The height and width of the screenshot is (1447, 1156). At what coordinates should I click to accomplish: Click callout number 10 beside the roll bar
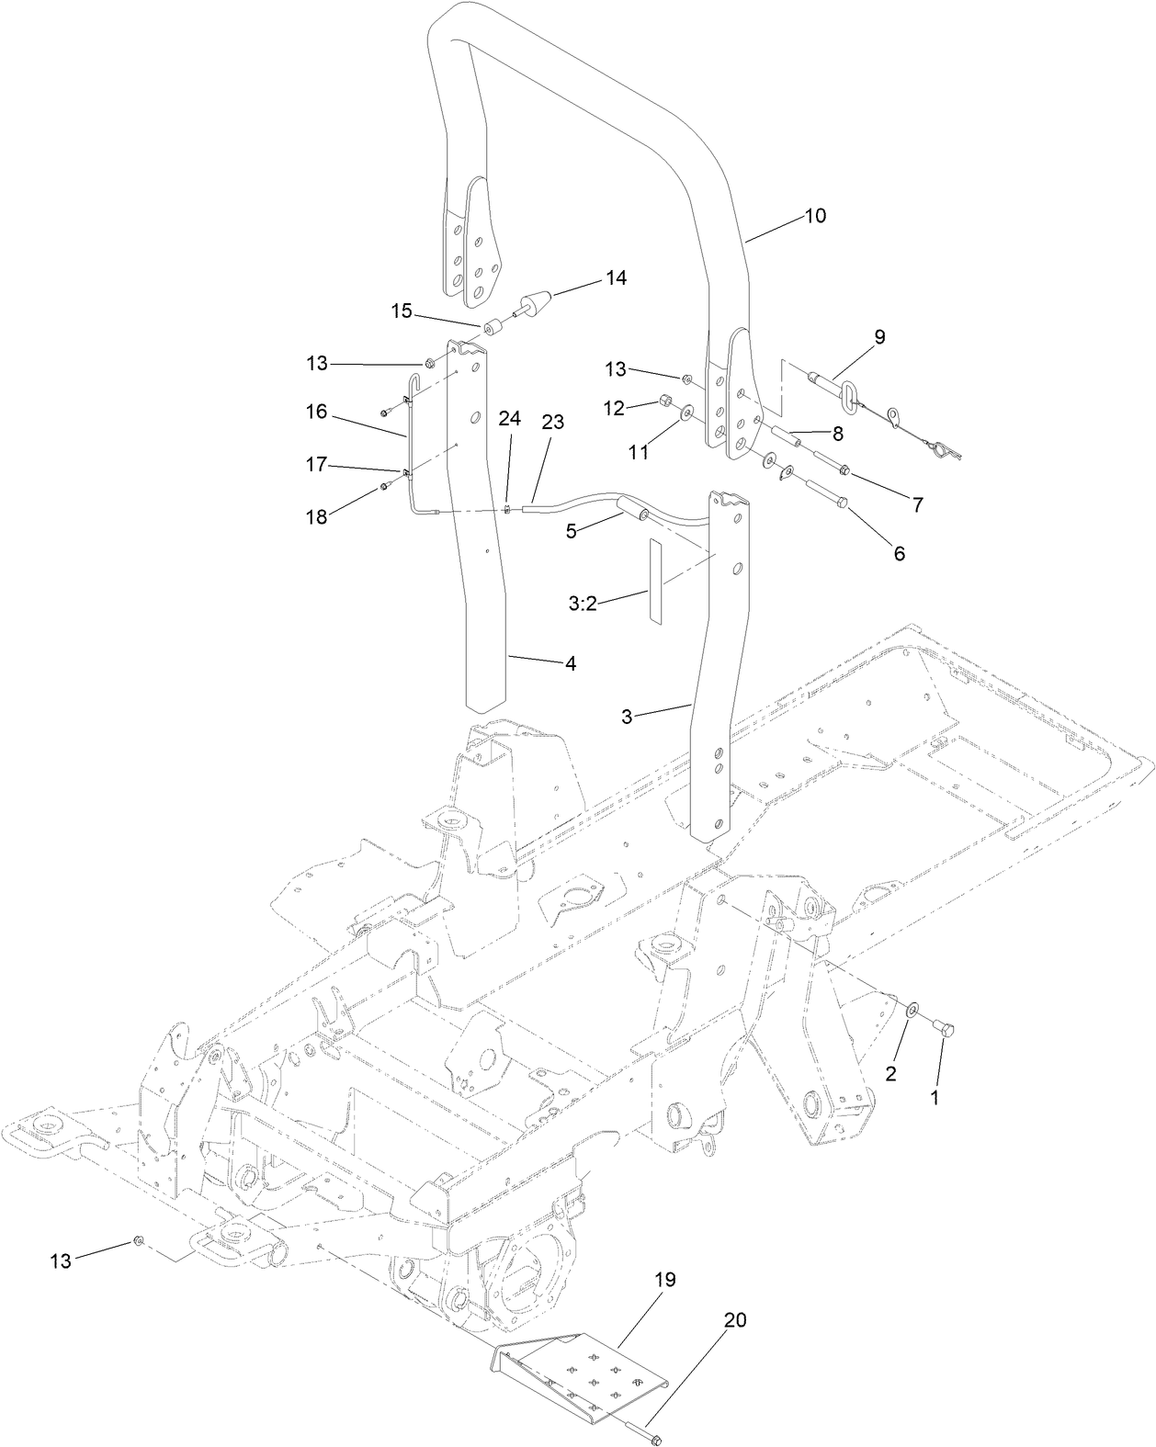(x=815, y=216)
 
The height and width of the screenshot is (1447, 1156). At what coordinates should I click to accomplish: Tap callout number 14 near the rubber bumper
(x=616, y=277)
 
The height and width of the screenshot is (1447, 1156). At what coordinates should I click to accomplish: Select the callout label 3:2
(x=584, y=603)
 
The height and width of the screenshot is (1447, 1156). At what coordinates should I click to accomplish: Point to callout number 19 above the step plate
(x=665, y=1280)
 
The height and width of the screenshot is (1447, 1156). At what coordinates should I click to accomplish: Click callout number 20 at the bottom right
(x=735, y=1320)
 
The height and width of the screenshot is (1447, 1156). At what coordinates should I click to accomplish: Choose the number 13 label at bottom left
(x=60, y=1261)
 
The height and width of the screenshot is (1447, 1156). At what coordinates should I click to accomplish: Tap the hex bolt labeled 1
(x=946, y=1029)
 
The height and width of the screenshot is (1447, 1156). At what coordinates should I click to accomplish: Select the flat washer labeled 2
(x=909, y=1011)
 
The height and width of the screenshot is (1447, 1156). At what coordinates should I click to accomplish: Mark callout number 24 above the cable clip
(x=509, y=419)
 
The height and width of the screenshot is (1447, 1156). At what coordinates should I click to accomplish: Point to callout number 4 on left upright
(x=571, y=663)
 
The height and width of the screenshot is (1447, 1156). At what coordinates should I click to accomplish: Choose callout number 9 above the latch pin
(x=879, y=337)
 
